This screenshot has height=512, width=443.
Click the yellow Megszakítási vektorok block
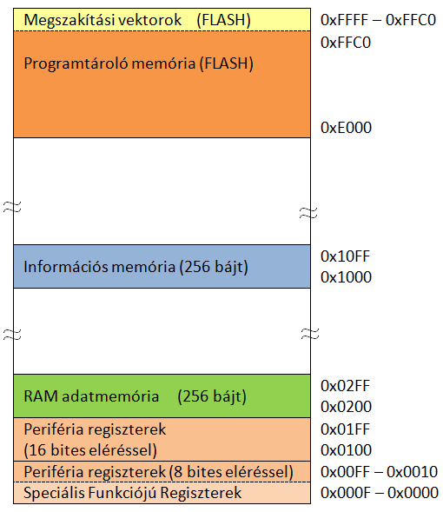click(x=162, y=20)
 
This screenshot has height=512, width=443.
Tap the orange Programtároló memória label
click(x=139, y=63)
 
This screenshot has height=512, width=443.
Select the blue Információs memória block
click(x=162, y=266)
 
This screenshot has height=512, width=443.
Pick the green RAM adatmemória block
click(x=162, y=396)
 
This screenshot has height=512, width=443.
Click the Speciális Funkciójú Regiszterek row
click(x=162, y=493)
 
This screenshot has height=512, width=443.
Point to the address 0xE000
click(x=346, y=128)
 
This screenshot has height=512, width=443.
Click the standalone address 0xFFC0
click(x=346, y=43)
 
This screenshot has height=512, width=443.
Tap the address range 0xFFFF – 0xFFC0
click(x=379, y=20)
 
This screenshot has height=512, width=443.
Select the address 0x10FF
click(x=345, y=256)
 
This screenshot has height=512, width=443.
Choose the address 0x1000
click(x=346, y=277)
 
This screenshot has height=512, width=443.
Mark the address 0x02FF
click(x=345, y=386)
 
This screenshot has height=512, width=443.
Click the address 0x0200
click(x=346, y=407)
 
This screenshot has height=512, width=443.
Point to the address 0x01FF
click(x=345, y=429)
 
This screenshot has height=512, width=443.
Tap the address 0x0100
click(x=346, y=450)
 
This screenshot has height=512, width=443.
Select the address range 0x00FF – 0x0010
click(x=379, y=472)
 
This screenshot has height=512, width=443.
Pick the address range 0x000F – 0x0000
click(x=380, y=493)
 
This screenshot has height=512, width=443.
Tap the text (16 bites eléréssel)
click(x=90, y=450)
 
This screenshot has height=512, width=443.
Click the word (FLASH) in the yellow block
click(x=224, y=20)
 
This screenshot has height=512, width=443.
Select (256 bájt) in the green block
click(x=212, y=396)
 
